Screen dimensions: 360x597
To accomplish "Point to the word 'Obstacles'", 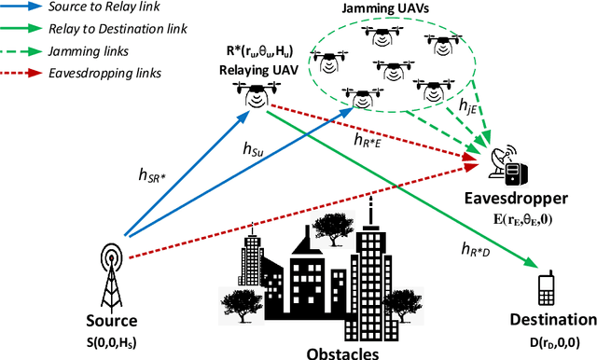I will (x=341, y=353).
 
